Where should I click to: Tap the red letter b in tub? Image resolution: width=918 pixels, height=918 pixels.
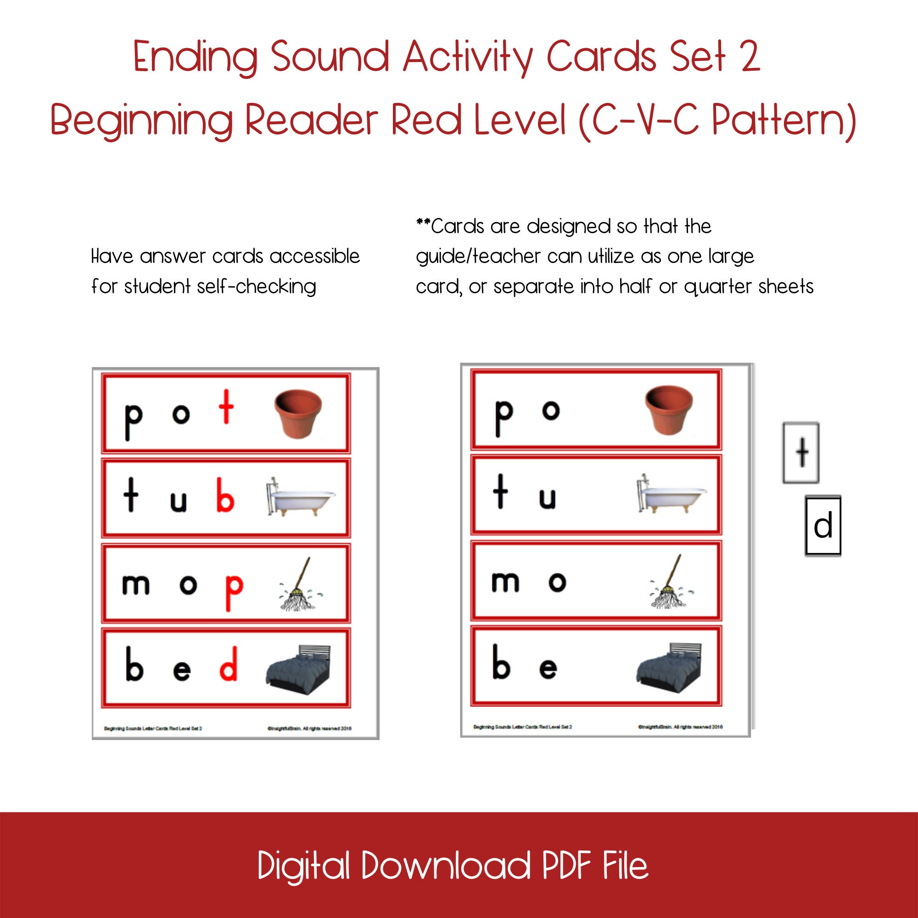tap(225, 495)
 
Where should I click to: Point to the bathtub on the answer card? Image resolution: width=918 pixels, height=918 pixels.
tap(300, 497)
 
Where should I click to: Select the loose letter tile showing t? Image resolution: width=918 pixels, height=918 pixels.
tap(801, 453)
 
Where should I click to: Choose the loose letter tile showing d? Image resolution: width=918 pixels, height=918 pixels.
tap(823, 526)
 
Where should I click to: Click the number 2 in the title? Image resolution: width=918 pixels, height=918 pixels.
tap(750, 57)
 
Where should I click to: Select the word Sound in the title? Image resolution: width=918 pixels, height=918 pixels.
tap(330, 57)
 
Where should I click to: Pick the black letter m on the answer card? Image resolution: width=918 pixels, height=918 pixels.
tap(135, 584)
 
